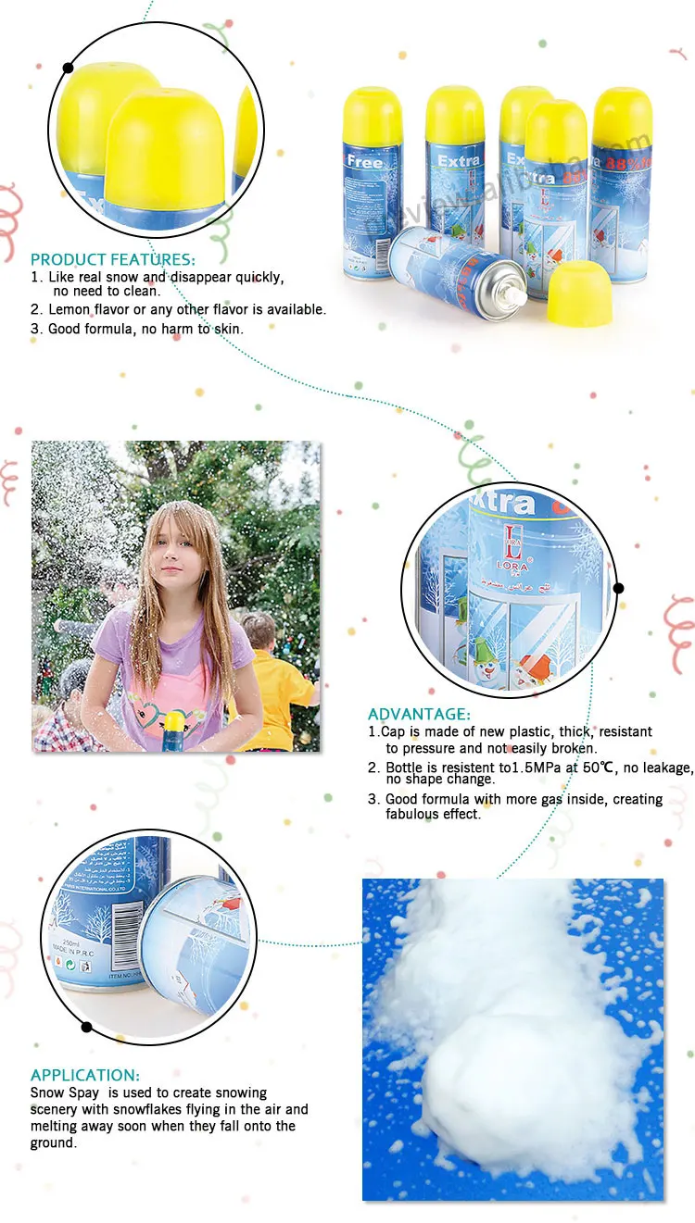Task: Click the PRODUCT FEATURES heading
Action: [x=113, y=259]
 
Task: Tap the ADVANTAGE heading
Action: [x=419, y=714]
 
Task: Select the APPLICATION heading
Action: [x=85, y=1075]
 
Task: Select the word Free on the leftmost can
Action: [x=364, y=161]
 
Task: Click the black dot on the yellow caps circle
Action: [x=68, y=67]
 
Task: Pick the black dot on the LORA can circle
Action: [x=618, y=587]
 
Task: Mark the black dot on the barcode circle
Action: [x=87, y=1026]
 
